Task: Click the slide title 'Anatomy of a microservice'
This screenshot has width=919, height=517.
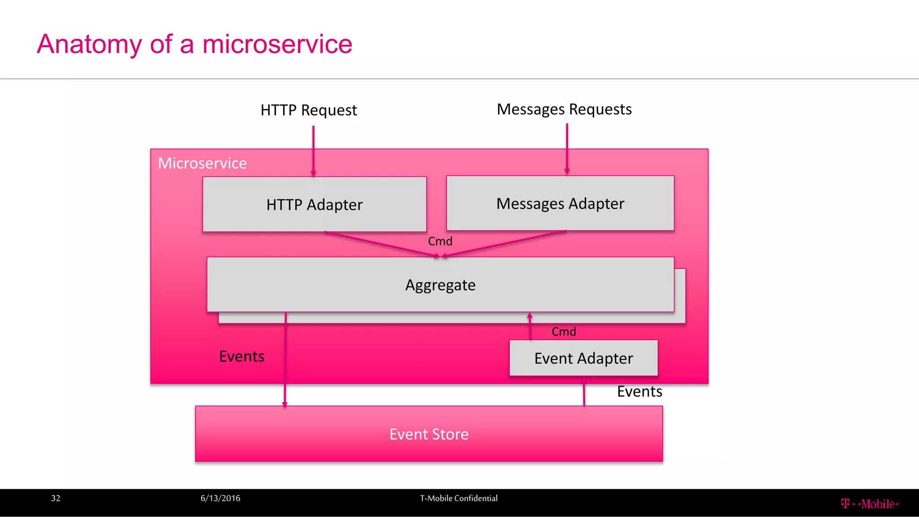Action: [194, 44]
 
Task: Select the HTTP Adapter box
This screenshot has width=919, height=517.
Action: [314, 205]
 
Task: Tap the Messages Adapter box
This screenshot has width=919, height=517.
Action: [560, 204]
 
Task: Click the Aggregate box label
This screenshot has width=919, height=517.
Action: [440, 285]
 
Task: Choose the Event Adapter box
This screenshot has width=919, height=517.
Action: [583, 359]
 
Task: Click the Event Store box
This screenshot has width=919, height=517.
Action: [429, 434]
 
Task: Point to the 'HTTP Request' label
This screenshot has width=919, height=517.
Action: [309, 110]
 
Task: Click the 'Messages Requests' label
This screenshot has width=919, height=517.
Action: [564, 110]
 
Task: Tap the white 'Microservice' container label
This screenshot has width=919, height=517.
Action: [202, 163]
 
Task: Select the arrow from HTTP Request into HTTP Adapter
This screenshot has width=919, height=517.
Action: [313, 150]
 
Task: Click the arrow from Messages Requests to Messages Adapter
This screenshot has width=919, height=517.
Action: [567, 148]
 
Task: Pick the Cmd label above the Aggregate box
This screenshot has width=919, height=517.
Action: [440, 241]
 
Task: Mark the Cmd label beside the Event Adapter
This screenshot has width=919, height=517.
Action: [564, 332]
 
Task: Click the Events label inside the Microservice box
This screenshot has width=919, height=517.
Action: [241, 357]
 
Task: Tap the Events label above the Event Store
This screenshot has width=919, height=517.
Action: [639, 392]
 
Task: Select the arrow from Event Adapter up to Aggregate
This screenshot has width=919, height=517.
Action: [530, 327]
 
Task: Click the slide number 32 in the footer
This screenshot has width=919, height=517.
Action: [56, 499]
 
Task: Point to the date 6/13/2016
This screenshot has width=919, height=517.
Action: [220, 499]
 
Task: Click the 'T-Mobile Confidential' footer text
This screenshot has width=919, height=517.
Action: [459, 499]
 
